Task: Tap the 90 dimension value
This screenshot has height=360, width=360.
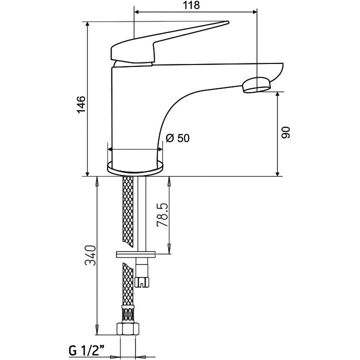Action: click(x=286, y=133)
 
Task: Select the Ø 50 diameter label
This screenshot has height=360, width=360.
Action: click(x=177, y=138)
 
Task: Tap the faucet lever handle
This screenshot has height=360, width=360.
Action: click(x=165, y=42)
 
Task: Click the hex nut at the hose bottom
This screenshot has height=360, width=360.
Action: click(x=127, y=329)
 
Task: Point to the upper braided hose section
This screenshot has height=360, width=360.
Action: click(x=128, y=210)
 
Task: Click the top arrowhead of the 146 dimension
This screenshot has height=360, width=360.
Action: click(x=88, y=24)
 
